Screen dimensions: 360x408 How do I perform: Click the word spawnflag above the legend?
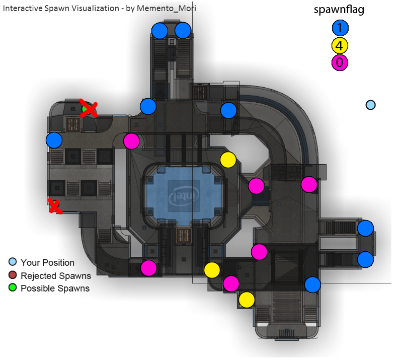(x=339, y=10)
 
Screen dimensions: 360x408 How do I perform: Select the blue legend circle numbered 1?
(x=340, y=29)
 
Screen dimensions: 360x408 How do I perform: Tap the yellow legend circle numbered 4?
(x=340, y=46)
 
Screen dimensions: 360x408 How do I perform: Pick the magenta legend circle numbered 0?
(x=340, y=62)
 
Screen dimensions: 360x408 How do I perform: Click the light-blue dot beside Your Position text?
(x=13, y=262)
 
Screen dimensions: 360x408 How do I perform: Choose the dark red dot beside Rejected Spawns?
(x=13, y=275)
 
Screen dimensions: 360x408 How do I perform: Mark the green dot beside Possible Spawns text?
(x=13, y=288)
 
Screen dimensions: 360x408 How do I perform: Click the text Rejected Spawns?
(x=56, y=275)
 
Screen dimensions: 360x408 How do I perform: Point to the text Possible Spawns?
(x=55, y=289)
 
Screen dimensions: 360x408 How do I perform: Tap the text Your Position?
(x=47, y=262)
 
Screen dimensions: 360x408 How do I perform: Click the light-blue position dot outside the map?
(x=371, y=105)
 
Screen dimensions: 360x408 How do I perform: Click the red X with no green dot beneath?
(x=54, y=206)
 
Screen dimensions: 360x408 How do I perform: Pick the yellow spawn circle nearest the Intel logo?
(x=228, y=160)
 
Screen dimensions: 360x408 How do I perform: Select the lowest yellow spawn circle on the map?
(x=247, y=300)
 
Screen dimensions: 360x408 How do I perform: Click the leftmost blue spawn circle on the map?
(x=54, y=140)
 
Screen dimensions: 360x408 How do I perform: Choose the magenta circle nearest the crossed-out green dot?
(x=131, y=141)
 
